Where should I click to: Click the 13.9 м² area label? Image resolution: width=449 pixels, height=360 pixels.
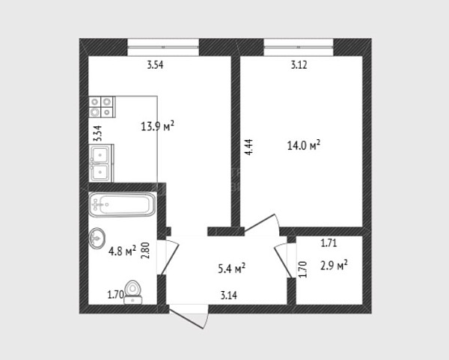click(158, 126)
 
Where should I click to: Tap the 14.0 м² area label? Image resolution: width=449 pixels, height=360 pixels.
click(304, 145)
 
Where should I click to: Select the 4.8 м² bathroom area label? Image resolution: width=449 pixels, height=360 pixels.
click(122, 251)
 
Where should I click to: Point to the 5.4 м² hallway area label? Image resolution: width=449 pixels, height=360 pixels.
click(232, 269)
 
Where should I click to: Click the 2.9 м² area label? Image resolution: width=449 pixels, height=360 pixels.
click(334, 266)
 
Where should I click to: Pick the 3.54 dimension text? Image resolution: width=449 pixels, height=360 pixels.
click(155, 65)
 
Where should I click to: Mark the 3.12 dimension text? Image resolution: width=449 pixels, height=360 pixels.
click(299, 65)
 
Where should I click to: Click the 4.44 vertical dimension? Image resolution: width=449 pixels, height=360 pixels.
click(249, 147)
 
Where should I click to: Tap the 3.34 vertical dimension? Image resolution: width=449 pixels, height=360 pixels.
click(98, 134)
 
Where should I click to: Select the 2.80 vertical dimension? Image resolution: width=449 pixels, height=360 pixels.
click(145, 251)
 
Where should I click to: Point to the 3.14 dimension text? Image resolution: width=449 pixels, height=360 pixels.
click(229, 295)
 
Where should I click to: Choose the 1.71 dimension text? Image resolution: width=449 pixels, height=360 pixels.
click(329, 243)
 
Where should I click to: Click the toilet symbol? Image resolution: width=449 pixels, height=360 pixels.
click(133, 292)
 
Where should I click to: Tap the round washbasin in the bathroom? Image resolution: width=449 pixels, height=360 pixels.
click(97, 238)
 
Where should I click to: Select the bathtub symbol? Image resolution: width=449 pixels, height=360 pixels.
click(122, 204)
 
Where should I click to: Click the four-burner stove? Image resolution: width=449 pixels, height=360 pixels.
click(102, 107)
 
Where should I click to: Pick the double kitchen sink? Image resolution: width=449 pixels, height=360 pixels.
click(101, 163)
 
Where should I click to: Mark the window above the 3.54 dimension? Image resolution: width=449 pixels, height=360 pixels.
click(163, 47)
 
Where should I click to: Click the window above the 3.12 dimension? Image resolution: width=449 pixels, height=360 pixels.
click(299, 47)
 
